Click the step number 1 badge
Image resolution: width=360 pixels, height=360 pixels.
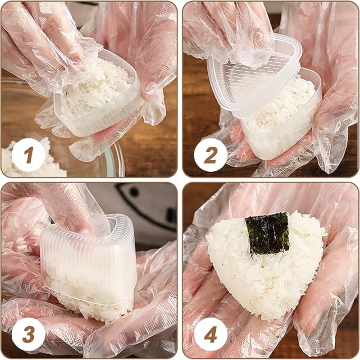tap(28, 155)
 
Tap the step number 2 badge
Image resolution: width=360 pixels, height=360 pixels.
tap(210, 155)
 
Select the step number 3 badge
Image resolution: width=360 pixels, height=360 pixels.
tap(28, 334)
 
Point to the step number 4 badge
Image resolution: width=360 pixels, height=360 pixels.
tap(210, 334)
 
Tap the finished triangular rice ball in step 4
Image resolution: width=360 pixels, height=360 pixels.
tap(266, 264)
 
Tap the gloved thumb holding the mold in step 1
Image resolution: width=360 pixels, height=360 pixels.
tap(149, 76)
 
